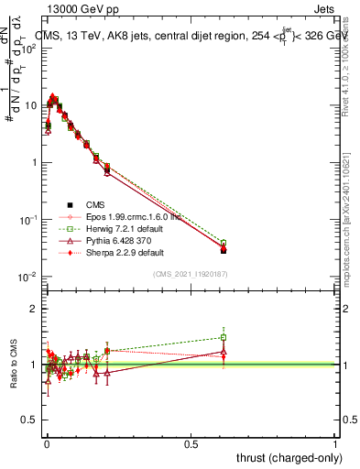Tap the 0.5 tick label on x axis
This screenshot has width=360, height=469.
pyautogui.click(x=191, y=443)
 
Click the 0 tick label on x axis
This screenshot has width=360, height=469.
pyautogui.click(x=47, y=443)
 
